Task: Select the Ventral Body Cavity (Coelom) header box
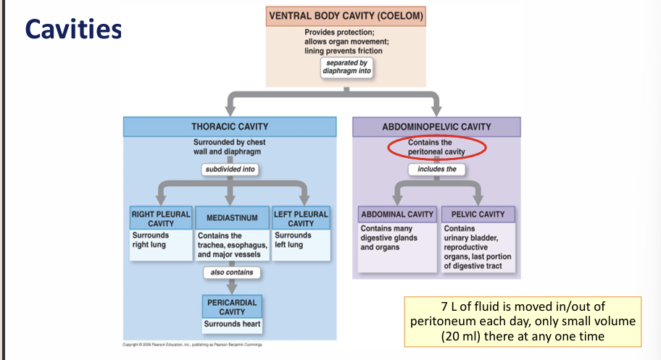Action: coord(346,15)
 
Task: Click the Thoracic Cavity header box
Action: coord(230,127)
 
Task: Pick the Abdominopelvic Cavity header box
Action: coord(436,127)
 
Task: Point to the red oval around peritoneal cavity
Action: coord(436,148)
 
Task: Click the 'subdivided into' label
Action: coord(230,170)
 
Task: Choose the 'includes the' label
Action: coord(436,169)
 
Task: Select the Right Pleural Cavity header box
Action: coord(160,218)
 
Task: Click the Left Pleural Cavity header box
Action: coord(301,218)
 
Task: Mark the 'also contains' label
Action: coord(231,272)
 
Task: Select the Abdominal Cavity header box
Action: coord(396,214)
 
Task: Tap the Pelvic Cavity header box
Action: coord(478,214)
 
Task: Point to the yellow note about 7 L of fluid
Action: coord(523,321)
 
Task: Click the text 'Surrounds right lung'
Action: coord(150,240)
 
